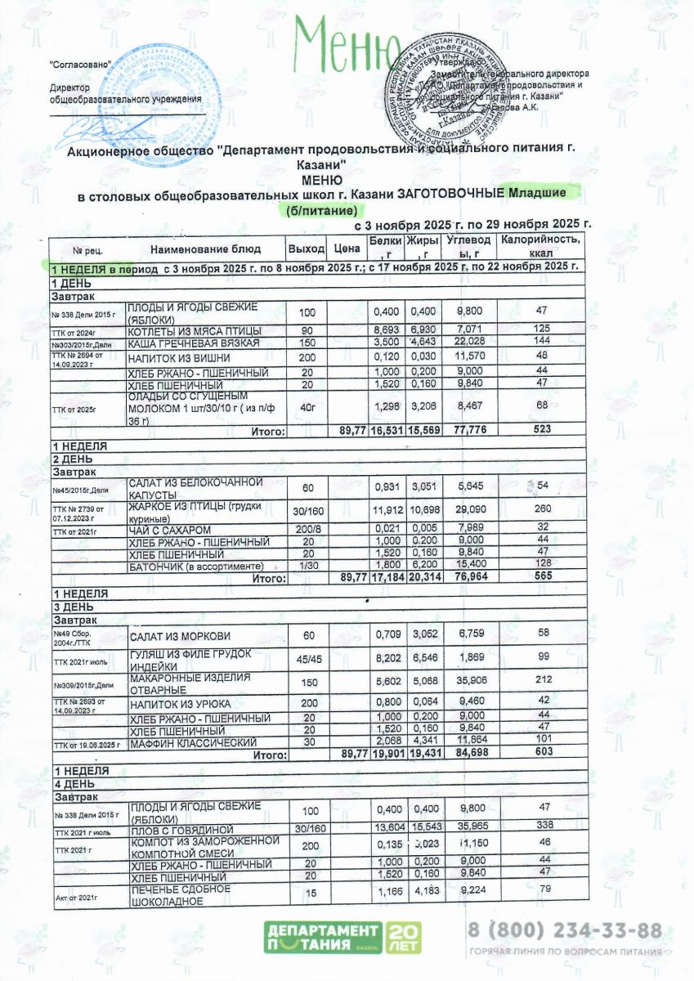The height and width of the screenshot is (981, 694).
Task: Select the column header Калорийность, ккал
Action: (540, 247)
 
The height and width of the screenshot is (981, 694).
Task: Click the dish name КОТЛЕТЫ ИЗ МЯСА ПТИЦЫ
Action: (195, 331)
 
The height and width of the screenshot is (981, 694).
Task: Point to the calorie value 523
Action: (540, 429)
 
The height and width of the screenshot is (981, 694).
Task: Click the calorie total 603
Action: (540, 755)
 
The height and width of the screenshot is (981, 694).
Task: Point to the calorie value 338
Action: (540, 826)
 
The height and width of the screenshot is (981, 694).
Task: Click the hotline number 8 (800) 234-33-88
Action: (564, 931)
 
